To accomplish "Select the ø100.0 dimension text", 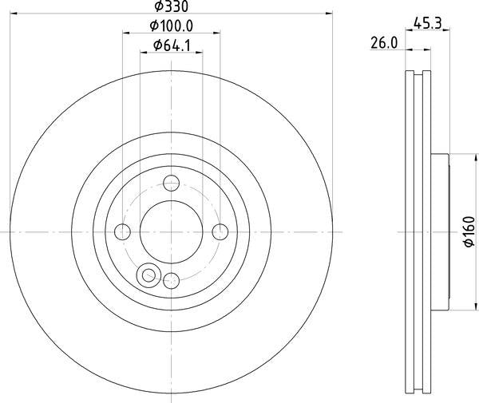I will coord(171,27).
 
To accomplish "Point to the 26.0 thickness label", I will coord(385,45).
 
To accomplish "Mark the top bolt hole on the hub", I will coord(171,183).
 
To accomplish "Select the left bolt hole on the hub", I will coord(122,231).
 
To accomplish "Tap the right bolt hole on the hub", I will coord(220,231).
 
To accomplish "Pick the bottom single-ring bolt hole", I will coord(171,279).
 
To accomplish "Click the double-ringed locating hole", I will coord(147,275).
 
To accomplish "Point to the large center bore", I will coord(171,231).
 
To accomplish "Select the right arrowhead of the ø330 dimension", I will coord(327,14).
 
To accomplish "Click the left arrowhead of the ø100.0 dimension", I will coord(125,34).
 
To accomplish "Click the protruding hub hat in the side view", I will coord(440,231).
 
